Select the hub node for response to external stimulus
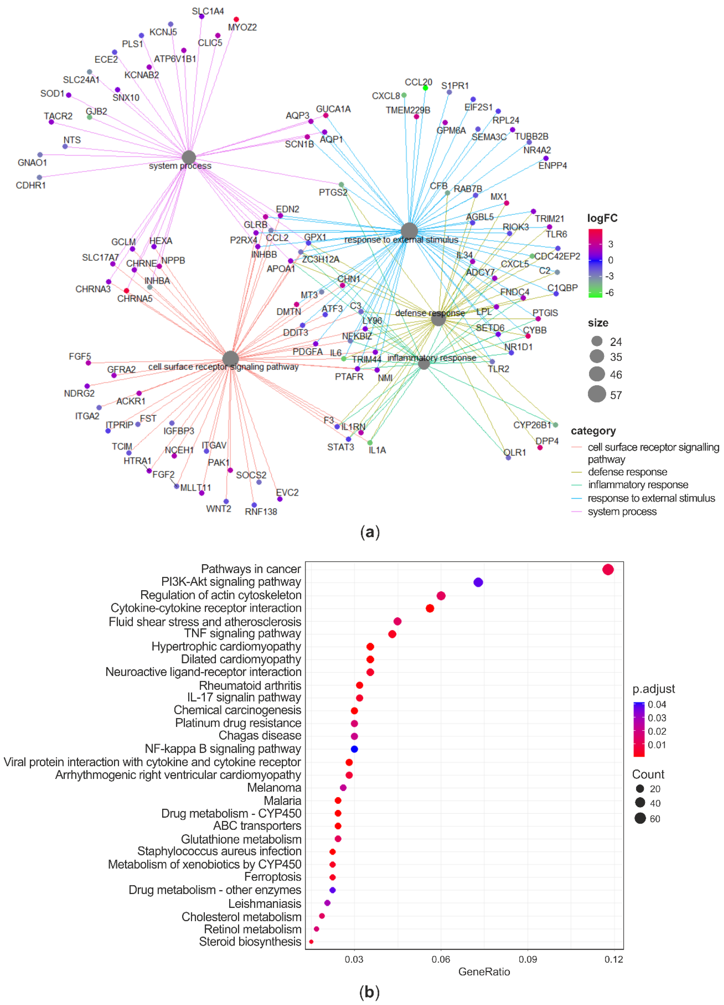[x=409, y=231]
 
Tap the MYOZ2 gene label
[x=242, y=27]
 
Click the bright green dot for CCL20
[x=425, y=88]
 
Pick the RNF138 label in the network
[x=261, y=512]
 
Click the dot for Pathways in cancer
[x=608, y=569]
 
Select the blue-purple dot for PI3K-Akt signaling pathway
[x=478, y=582]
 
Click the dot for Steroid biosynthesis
[x=311, y=942]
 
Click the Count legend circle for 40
[x=640, y=802]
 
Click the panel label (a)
[x=370, y=532]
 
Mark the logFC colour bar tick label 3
[x=611, y=244]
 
